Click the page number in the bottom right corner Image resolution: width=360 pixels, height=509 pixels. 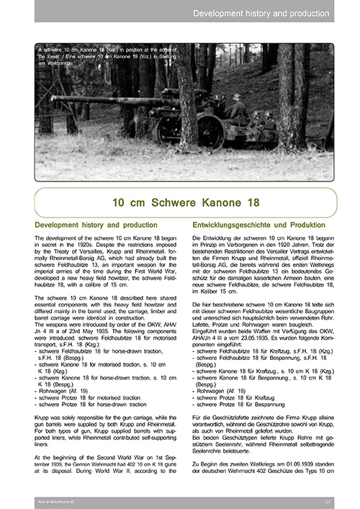point(327,499)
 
